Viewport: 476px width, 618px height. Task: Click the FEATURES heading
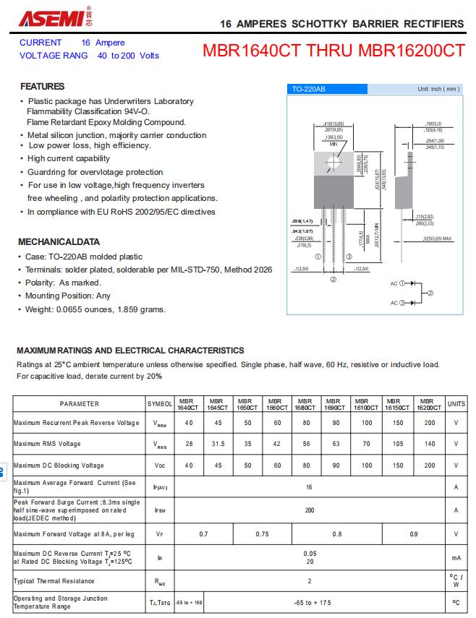point(43,87)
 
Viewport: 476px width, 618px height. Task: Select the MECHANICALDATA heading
point(59,241)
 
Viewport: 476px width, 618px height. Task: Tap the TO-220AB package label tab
point(308,89)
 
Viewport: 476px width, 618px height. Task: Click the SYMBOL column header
point(160,404)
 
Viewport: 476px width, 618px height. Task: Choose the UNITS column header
point(456,404)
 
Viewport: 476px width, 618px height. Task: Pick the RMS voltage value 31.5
point(217,444)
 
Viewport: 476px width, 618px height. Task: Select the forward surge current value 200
point(309,510)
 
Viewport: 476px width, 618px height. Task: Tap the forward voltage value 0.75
point(262,534)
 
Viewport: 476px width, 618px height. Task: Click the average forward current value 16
point(309,487)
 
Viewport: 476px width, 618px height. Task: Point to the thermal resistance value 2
point(309,581)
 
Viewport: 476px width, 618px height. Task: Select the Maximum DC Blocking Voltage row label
point(59,465)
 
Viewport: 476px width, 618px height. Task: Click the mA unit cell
point(456,558)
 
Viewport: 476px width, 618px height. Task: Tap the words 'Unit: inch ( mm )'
point(438,89)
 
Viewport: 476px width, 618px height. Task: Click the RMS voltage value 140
point(430,444)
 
